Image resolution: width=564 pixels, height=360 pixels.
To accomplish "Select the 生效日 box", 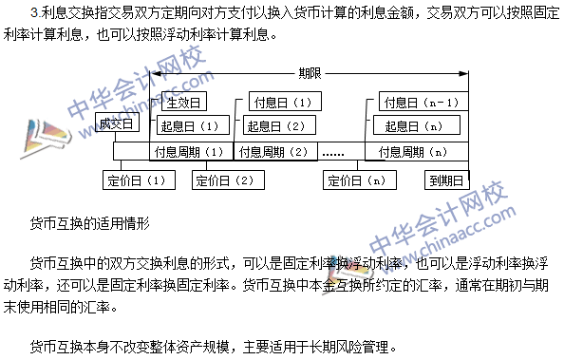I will point(182,102).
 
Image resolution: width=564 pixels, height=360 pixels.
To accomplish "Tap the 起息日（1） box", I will point(190,125).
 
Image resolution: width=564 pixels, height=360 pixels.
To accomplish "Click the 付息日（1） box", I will point(279,102).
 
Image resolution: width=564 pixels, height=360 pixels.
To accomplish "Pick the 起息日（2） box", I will point(274,125).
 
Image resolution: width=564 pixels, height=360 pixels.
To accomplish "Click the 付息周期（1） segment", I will point(188,151).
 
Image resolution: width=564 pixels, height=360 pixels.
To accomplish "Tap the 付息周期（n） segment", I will point(411,151).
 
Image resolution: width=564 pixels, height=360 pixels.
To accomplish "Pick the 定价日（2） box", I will point(223,178).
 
